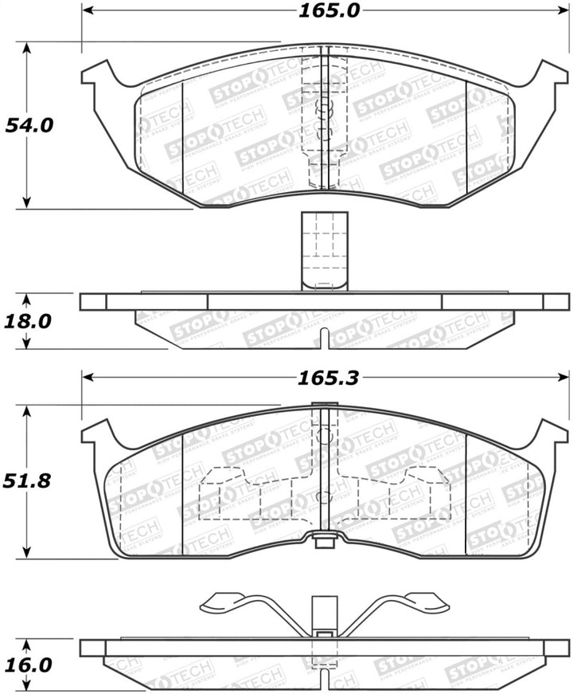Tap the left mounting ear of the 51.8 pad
tap(96, 434)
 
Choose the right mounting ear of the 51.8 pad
tap(552, 434)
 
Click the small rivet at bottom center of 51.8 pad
tap(324, 543)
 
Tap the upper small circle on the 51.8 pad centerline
tap(324, 436)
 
